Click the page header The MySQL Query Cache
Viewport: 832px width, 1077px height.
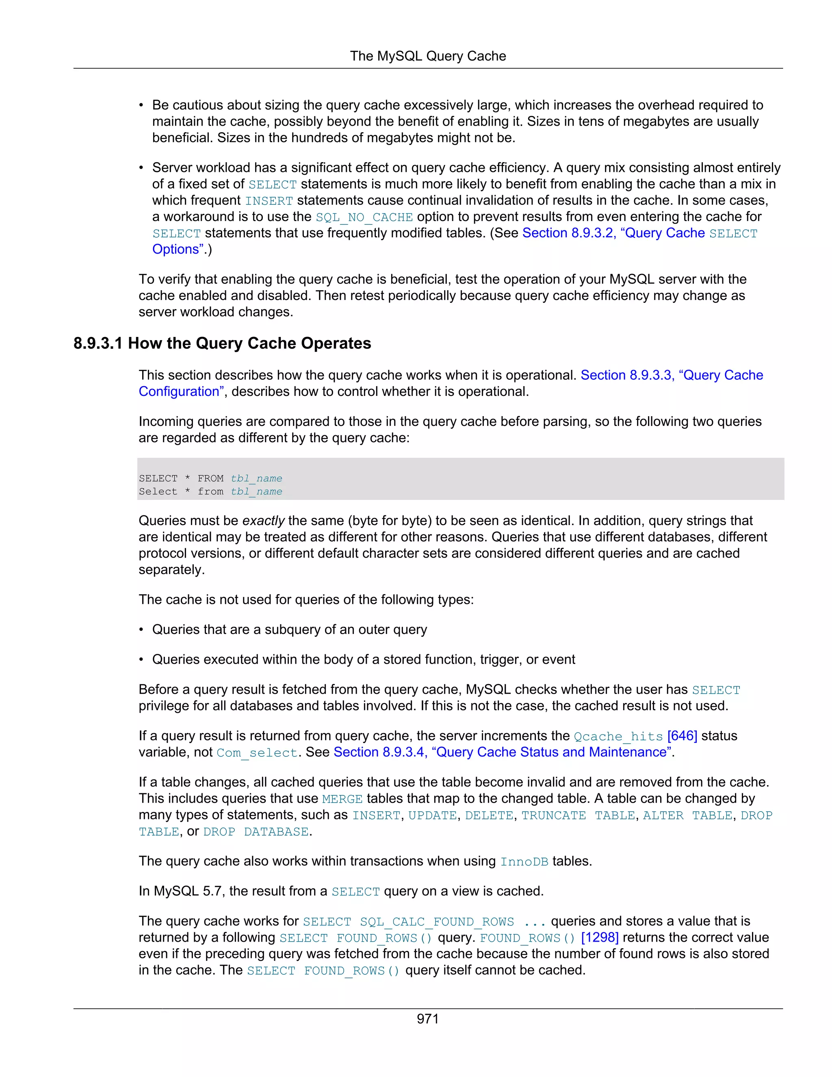pos(427,56)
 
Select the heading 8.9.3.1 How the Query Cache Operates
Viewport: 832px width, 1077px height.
pos(222,343)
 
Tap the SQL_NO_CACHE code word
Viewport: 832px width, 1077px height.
pos(364,217)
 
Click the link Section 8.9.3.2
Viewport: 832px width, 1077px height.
pos(568,233)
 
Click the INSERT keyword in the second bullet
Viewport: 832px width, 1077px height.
pos(269,201)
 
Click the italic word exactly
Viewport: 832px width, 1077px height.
pos(263,521)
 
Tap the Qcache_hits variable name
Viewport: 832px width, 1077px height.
pos(618,737)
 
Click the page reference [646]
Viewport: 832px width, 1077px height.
pos(682,736)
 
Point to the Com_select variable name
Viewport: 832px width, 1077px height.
pos(257,753)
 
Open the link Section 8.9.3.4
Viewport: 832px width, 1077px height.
pos(380,753)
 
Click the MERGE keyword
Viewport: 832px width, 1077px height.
pos(342,799)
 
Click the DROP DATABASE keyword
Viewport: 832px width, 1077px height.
pos(256,832)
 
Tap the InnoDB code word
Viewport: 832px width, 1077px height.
pos(524,862)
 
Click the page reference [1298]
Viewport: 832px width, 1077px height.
pos(599,938)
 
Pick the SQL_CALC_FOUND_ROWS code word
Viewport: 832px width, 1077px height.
pos(437,922)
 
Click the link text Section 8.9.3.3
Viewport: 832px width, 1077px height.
pos(626,375)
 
